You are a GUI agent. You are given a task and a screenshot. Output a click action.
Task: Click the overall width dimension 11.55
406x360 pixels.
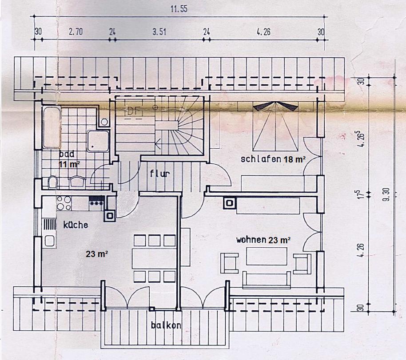coord(179,9)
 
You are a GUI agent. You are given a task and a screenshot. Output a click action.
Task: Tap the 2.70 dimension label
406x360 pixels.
coord(76,32)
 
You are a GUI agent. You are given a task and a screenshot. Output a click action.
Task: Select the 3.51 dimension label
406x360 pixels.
coord(159,32)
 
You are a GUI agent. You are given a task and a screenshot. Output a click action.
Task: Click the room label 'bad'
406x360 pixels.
coord(67,154)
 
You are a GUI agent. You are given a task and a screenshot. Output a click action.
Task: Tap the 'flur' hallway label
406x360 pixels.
coord(160,173)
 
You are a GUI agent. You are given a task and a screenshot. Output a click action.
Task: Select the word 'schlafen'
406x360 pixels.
coord(261,158)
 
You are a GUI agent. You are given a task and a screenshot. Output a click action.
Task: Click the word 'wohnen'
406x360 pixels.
coord(251,240)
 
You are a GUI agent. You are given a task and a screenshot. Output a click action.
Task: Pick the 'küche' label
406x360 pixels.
coord(76,225)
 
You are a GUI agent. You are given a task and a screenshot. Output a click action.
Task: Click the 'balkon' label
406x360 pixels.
coord(166,325)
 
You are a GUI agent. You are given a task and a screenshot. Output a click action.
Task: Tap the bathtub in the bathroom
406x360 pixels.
coord(52,127)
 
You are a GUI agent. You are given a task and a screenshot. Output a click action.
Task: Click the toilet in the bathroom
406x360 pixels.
coord(53,182)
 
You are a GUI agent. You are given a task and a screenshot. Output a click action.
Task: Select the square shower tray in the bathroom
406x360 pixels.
coord(98,141)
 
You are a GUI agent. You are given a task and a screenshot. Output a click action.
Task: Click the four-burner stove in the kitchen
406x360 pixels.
coord(64,203)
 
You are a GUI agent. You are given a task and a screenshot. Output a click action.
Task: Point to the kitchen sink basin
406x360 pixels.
coord(49,241)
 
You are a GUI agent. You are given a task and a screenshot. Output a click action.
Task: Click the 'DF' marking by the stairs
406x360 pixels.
coord(134,111)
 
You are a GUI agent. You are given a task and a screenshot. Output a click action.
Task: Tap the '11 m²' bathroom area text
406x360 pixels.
coord(69,164)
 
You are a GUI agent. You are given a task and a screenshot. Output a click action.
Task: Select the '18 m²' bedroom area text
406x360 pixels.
coord(295,159)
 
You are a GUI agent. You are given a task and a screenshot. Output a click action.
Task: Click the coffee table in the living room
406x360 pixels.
coord(267,256)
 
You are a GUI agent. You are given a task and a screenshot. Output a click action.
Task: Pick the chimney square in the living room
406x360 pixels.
coord(230,203)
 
